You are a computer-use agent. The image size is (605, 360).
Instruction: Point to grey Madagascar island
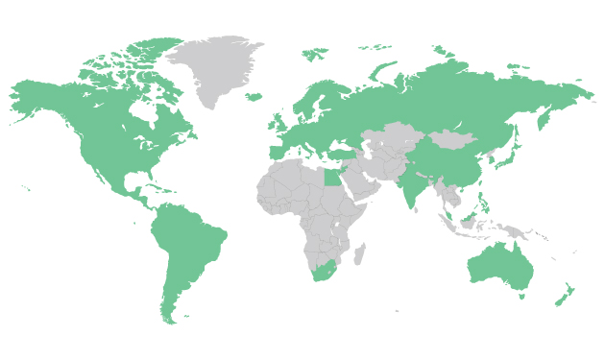[x=360, y=254]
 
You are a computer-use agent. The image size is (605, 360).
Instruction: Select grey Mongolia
[x=451, y=141]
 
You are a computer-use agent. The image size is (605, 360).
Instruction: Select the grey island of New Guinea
[x=519, y=231]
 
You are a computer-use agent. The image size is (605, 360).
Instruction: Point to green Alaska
[x=38, y=96]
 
